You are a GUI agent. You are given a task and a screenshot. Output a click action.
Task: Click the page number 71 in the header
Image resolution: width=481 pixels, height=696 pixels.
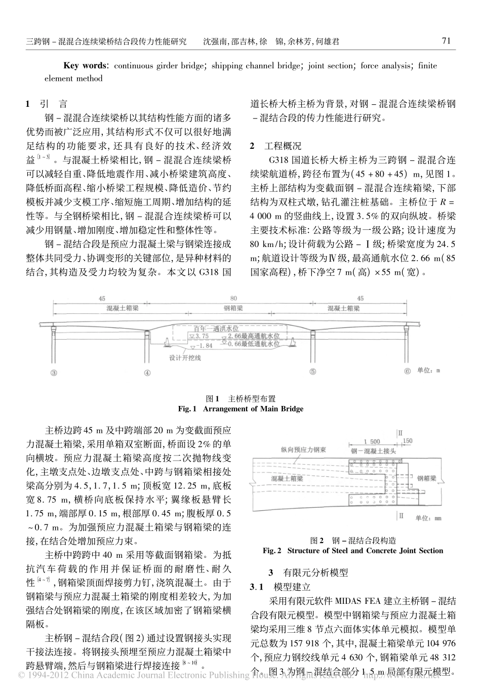(446, 41)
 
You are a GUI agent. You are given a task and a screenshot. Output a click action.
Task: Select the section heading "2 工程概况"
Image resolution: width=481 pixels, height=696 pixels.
(276, 146)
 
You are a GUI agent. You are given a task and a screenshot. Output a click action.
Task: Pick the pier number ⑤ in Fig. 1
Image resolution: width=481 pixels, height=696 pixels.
(313, 372)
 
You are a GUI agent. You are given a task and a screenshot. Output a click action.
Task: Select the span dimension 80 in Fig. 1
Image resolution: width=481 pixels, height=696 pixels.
(232, 299)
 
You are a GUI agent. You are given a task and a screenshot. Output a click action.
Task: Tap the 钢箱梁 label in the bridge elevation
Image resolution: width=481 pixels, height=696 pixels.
(233, 307)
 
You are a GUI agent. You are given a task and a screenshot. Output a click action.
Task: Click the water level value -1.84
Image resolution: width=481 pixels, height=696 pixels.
(204, 346)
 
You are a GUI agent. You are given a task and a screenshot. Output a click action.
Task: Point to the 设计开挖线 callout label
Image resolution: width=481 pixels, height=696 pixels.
(185, 358)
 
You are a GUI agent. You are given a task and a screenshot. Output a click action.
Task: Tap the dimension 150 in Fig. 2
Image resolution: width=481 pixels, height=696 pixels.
(407, 441)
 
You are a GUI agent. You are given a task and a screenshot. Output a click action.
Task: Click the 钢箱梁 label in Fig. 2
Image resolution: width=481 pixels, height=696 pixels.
(427, 477)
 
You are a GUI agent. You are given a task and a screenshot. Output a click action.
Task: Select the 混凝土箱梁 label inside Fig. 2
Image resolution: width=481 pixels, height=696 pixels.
(287, 478)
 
